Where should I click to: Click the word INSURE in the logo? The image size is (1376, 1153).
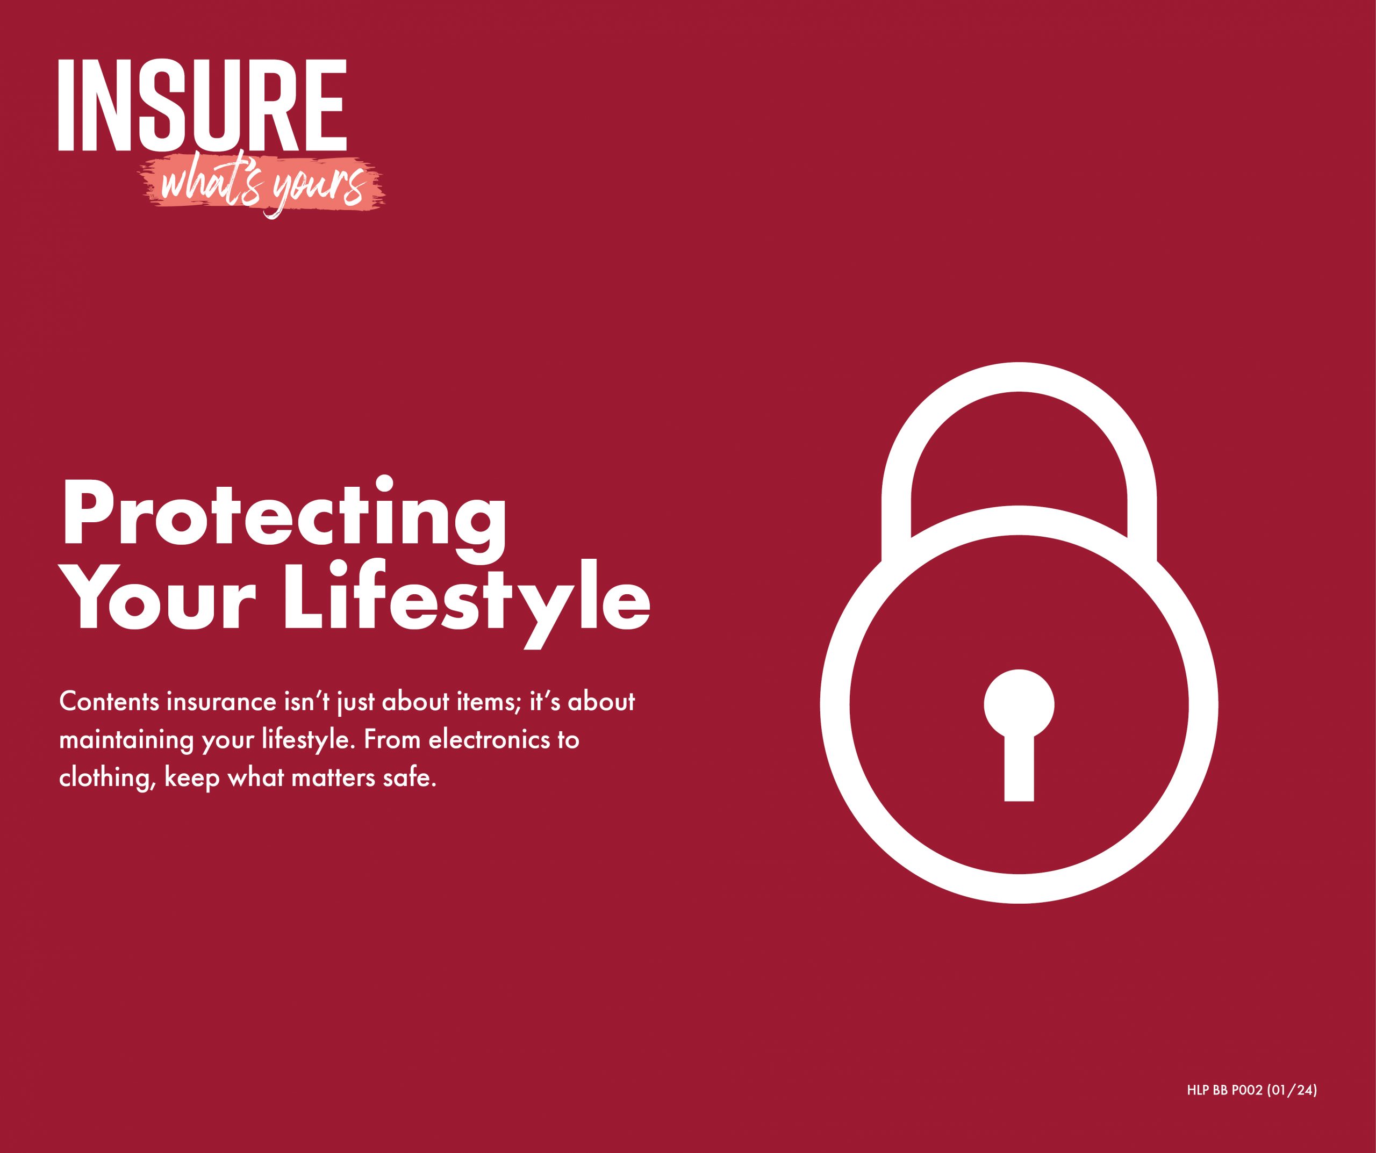point(203,105)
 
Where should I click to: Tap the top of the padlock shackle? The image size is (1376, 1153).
point(1019,377)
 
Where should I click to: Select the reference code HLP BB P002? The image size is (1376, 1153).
point(1224,1091)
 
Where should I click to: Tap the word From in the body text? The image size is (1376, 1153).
point(392,740)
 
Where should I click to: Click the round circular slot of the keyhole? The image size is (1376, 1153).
point(1019,705)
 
